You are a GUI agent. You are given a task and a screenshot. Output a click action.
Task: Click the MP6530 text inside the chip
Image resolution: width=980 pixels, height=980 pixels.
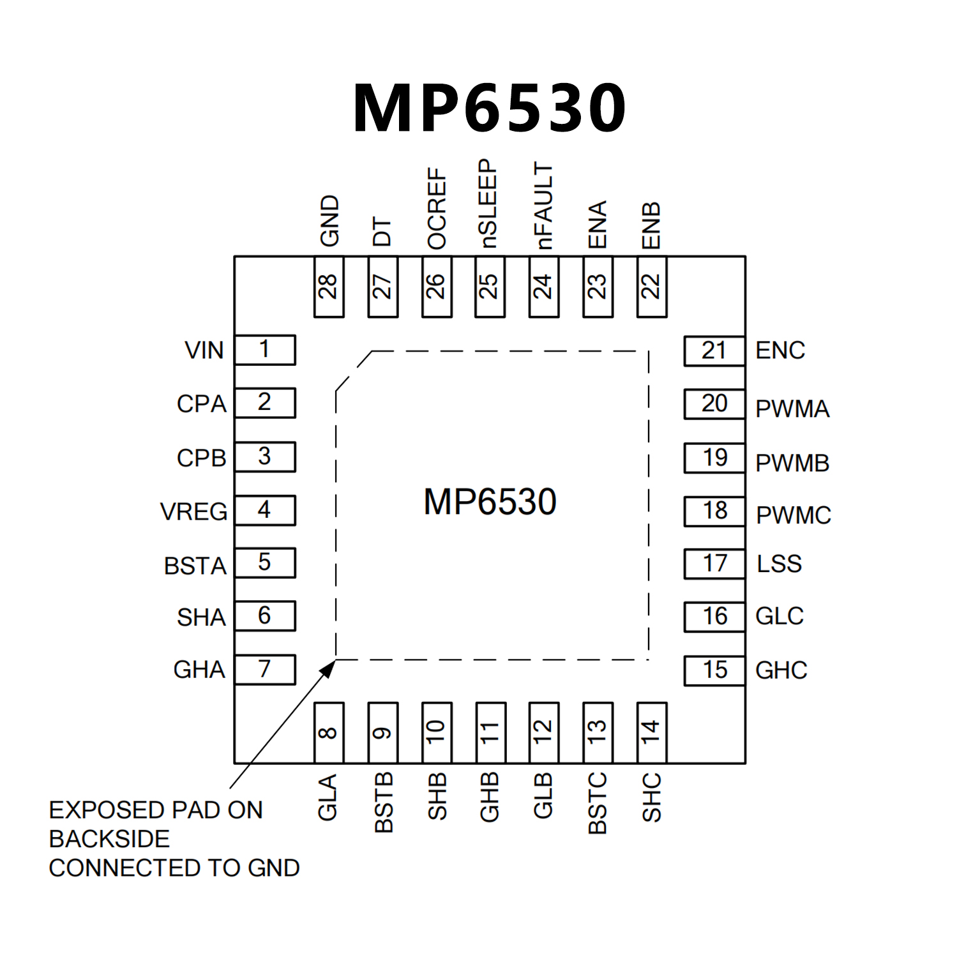490,502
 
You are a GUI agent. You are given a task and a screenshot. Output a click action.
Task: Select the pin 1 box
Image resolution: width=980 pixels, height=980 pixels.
265,350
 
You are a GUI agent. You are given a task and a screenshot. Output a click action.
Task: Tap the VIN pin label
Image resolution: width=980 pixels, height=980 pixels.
204,351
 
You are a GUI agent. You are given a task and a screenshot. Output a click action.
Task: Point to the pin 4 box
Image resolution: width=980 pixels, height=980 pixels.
265,510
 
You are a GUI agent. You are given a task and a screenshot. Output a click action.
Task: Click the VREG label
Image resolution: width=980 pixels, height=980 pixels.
193,512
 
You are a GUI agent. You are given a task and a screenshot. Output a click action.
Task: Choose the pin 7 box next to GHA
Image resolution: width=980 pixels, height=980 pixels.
265,670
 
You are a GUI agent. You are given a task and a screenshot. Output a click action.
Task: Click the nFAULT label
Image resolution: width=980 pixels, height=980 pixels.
543,205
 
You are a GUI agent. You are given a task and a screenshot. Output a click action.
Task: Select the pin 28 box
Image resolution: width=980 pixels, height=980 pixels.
329,287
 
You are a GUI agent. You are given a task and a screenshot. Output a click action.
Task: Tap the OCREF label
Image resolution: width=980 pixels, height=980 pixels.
437,208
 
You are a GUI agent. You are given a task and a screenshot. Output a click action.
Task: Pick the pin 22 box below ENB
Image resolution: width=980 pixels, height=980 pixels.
652,287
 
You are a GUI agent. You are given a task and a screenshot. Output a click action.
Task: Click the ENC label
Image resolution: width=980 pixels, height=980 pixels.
780,351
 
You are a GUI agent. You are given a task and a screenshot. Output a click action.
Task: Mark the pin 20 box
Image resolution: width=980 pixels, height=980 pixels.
714,404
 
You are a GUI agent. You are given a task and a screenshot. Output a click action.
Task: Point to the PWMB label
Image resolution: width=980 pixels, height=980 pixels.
792,464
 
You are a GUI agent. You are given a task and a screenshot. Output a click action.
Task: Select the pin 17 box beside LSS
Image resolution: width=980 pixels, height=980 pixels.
714,564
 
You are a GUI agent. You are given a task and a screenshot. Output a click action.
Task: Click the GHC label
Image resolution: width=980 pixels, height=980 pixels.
781,670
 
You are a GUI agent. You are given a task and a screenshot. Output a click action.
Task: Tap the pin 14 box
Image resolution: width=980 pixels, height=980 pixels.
652,732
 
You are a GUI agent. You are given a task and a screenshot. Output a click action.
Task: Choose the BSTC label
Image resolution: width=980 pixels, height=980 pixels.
598,803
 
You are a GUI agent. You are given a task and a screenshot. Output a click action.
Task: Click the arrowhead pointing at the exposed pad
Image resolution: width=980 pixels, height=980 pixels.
329,667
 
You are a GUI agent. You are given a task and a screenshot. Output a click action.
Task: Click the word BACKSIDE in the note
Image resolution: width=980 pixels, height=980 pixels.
109,839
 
